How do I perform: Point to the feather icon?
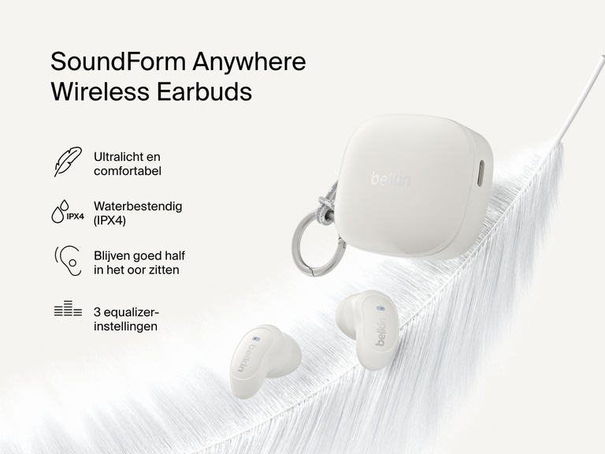click(68, 162)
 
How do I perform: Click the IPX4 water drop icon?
click(67, 212)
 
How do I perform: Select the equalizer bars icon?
click(68, 310)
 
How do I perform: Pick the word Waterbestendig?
click(137, 206)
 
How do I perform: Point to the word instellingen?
click(125, 326)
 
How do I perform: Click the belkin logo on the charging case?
click(391, 180)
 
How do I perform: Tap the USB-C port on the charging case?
click(482, 171)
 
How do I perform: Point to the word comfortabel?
click(127, 171)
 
